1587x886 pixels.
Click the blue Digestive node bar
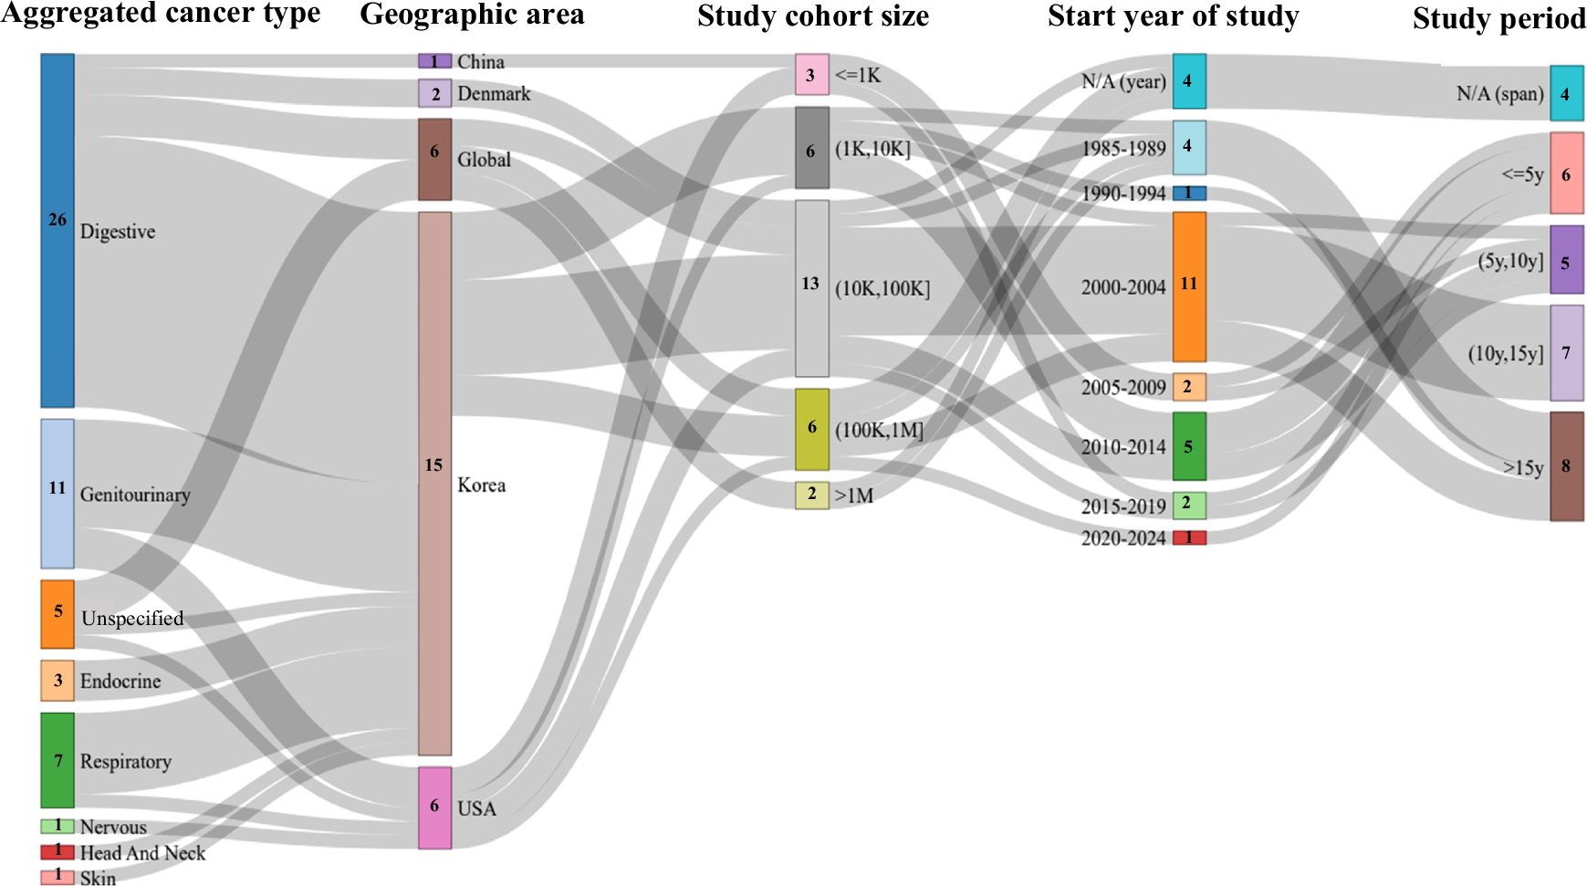pos(57,230)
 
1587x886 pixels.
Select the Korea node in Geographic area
pos(434,484)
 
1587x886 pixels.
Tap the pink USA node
pos(434,808)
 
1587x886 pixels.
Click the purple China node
pos(434,61)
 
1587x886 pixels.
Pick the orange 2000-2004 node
pos(1189,287)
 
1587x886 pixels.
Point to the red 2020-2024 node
pos(1189,537)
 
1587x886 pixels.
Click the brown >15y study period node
pos(1566,466)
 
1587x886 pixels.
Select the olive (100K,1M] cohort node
pos(811,429)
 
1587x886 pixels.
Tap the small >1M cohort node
pos(811,495)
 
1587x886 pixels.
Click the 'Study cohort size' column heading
pos(812,16)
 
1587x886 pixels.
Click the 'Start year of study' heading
pos(1173,16)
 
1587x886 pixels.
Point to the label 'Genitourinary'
pos(135,495)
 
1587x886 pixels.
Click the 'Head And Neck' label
pos(142,853)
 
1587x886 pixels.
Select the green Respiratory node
pos(57,760)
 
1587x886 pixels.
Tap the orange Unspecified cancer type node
pos(57,614)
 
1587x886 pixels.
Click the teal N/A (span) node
pos(1566,93)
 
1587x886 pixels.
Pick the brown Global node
pos(434,159)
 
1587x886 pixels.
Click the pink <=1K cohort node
pos(811,75)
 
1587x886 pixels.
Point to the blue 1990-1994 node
pos(1189,193)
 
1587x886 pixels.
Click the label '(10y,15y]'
pos(1505,353)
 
